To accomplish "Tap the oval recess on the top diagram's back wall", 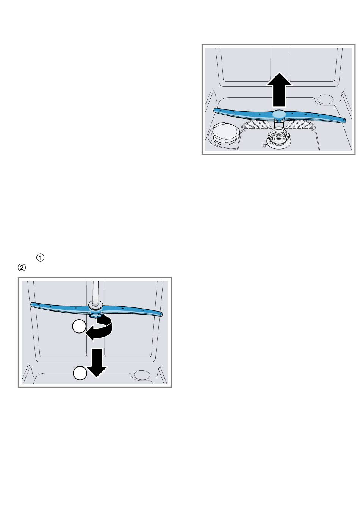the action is (x=326, y=99).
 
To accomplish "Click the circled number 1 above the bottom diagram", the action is (x=40, y=257).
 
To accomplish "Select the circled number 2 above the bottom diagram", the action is (x=22, y=268).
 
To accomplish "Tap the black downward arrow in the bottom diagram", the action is (x=97, y=363).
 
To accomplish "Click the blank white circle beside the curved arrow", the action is (x=79, y=326).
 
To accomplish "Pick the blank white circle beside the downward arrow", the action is (x=80, y=373).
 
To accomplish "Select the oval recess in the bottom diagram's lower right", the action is (x=142, y=375).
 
